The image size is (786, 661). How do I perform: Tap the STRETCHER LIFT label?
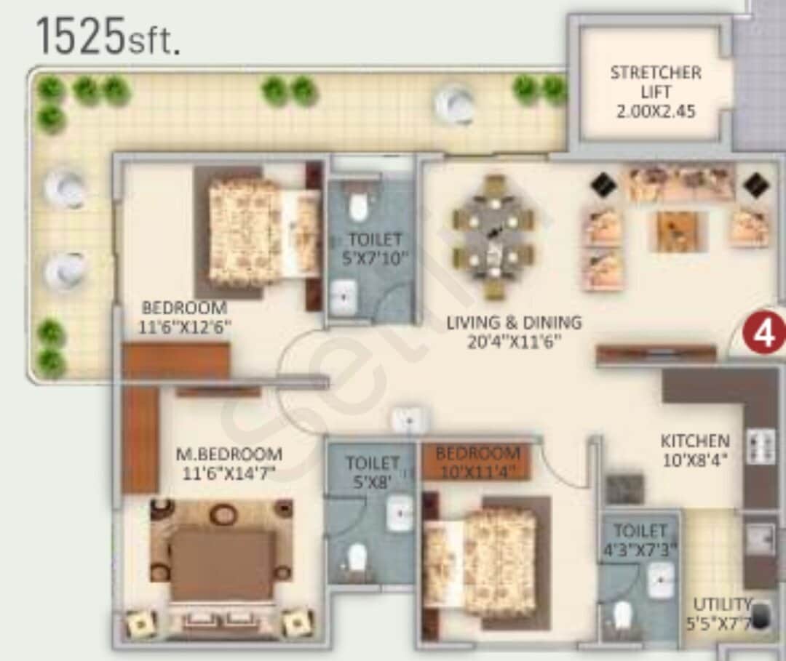point(656,82)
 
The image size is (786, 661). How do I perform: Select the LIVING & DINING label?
point(515,322)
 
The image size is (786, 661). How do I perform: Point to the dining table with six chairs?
point(493,236)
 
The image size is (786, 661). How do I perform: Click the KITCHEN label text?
point(695,441)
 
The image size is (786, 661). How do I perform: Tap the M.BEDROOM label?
point(229,454)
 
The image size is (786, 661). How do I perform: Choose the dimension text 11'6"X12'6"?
point(185,327)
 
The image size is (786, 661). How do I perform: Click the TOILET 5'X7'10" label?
point(374,248)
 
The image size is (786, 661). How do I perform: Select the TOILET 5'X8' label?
point(372,471)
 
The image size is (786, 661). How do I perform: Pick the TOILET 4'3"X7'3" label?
point(640,540)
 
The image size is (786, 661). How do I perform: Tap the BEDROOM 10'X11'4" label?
point(477,462)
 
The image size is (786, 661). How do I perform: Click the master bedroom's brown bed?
point(222,564)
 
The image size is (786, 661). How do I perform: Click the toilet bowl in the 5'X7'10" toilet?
point(357,207)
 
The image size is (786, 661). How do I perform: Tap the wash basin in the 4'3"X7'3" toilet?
point(661,581)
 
